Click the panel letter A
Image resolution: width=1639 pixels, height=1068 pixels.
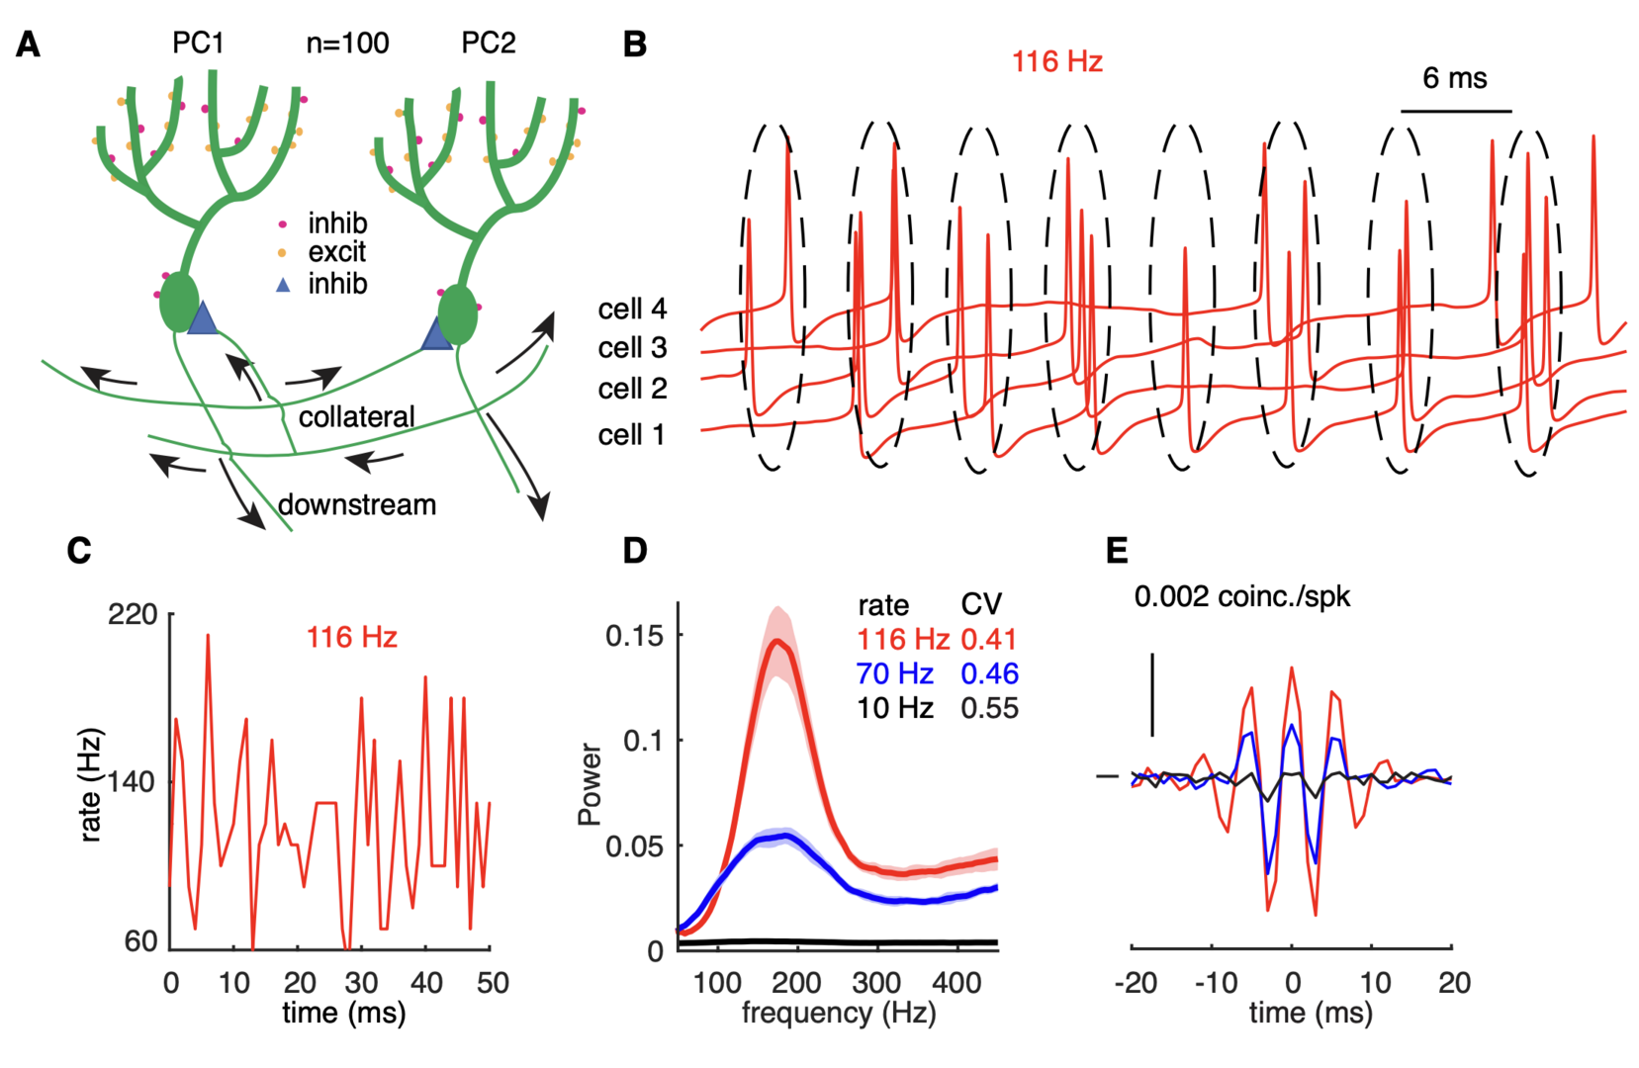click(29, 45)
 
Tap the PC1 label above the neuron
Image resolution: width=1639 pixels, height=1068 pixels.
click(198, 44)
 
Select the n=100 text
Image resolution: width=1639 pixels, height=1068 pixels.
click(347, 44)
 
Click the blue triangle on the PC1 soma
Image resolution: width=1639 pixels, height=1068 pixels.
click(203, 318)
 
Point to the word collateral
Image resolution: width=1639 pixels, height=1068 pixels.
click(356, 417)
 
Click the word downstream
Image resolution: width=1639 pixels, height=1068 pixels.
click(357, 505)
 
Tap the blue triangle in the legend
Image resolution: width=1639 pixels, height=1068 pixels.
click(283, 285)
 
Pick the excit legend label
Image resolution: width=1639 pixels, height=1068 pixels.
click(336, 253)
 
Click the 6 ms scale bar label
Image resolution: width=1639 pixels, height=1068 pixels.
click(1454, 79)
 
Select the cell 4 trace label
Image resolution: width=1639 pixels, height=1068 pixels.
click(632, 310)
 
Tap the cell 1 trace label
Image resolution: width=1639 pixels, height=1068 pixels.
click(632, 435)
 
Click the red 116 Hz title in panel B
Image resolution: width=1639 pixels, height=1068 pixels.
click(1056, 62)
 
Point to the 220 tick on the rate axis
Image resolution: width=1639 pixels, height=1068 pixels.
click(133, 615)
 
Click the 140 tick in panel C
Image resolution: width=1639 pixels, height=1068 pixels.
click(133, 782)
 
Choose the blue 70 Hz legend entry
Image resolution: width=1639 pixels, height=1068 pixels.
click(894, 674)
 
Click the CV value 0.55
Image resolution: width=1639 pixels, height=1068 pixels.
click(989, 709)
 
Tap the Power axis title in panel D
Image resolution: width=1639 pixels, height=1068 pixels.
click(591, 784)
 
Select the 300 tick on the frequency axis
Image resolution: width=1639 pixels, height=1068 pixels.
click(877, 983)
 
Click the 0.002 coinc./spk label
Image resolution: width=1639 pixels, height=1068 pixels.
click(1241, 597)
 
